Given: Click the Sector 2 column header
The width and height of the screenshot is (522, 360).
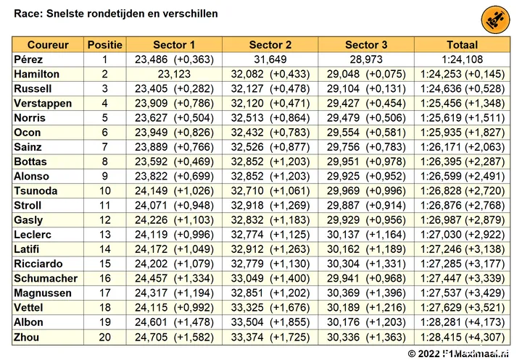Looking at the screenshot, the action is (x=270, y=45).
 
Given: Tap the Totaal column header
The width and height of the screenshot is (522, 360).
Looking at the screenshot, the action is (x=462, y=45).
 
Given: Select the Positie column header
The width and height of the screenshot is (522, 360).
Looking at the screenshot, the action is (x=105, y=45).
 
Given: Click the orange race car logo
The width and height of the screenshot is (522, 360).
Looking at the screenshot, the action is (x=495, y=20).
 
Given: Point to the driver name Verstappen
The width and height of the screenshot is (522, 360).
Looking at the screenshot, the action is (x=43, y=103).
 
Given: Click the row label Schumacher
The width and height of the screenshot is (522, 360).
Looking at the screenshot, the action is (x=46, y=278).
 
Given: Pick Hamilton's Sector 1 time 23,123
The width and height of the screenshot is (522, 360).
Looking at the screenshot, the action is (x=174, y=74).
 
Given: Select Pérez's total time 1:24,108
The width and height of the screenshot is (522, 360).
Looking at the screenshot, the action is (x=462, y=59).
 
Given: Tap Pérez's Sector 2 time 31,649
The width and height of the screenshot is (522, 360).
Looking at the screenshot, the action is (x=270, y=59).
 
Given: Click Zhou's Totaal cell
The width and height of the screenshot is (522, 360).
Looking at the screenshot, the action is (x=462, y=337).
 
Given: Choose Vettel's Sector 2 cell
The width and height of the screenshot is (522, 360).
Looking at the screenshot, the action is (x=270, y=307).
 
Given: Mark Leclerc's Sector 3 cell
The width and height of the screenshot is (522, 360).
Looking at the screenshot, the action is (x=366, y=235).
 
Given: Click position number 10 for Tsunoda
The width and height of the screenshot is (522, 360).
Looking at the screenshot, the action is (x=105, y=191).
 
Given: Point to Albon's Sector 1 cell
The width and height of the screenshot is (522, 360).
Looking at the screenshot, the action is (x=174, y=322).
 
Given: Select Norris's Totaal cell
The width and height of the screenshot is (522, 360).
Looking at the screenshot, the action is (x=462, y=118).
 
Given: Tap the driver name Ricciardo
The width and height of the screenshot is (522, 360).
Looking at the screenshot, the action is (x=38, y=264).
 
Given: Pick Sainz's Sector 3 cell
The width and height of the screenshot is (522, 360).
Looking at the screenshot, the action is (x=366, y=147).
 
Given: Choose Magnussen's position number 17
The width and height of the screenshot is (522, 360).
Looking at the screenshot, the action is (x=105, y=293).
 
